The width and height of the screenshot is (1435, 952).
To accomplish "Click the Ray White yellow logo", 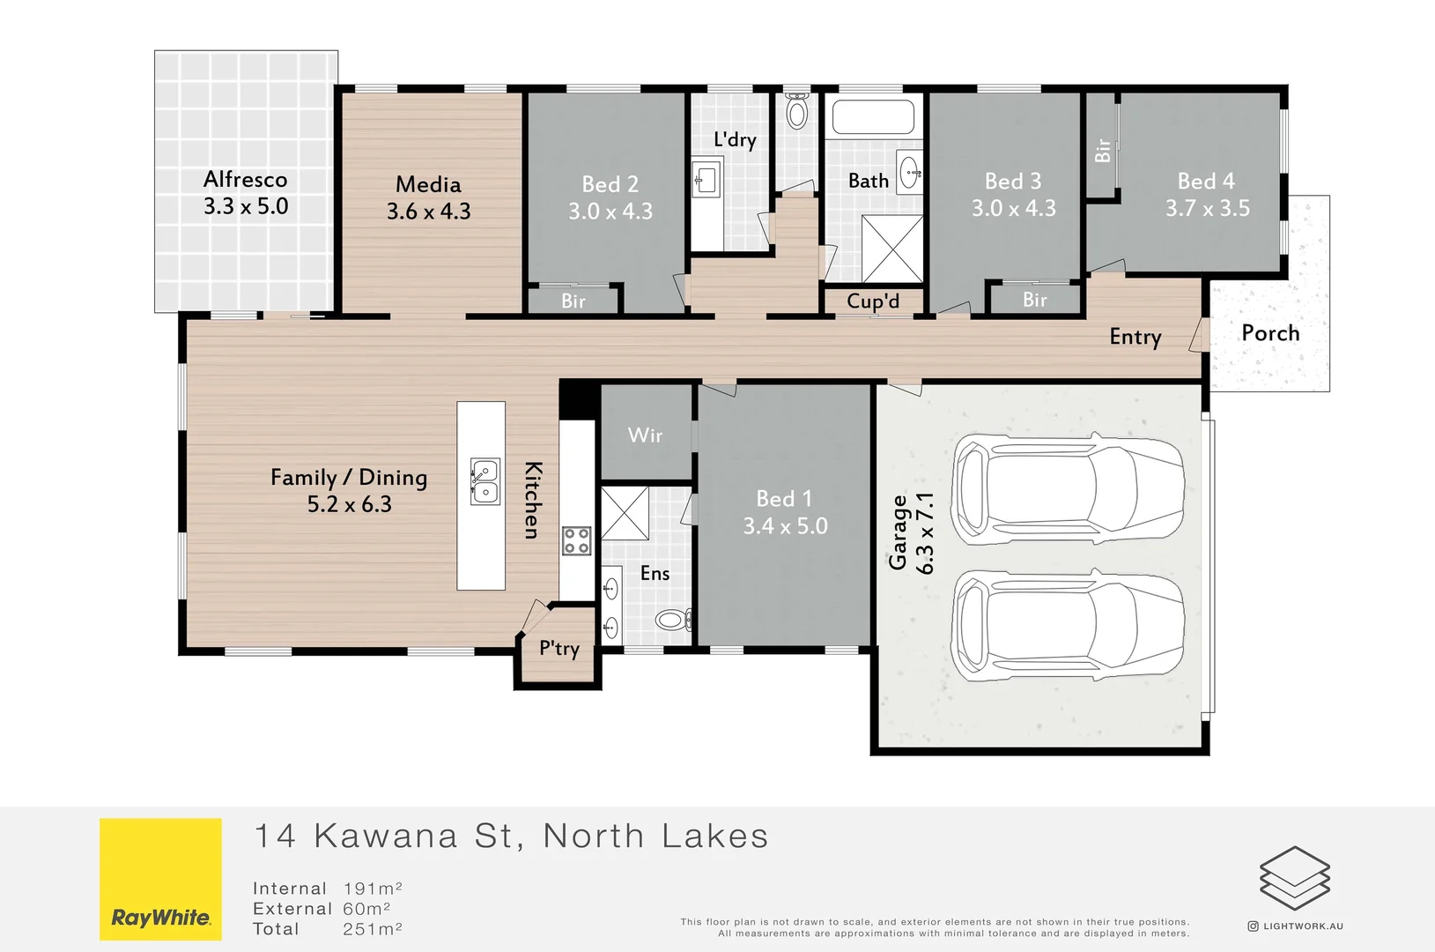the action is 160,879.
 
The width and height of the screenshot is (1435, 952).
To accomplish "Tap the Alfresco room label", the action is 245,180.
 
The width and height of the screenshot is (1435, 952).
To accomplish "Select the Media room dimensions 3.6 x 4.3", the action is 428,212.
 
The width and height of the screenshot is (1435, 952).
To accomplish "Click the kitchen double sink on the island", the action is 484,481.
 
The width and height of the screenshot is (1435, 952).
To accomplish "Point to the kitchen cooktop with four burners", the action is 577,540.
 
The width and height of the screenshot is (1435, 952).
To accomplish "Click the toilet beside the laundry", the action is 796,112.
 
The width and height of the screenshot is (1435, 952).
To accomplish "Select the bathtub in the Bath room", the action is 873,116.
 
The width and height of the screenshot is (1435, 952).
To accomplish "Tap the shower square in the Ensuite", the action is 625,513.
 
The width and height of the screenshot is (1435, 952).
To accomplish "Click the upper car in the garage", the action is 1069,485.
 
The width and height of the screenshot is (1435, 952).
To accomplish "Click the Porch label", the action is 1270,333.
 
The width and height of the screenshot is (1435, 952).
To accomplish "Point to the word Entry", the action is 1135,337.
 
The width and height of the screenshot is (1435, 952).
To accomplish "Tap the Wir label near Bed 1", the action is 645,435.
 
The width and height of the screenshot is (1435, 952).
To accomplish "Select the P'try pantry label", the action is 559,650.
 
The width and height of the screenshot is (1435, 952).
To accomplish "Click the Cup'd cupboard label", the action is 873,301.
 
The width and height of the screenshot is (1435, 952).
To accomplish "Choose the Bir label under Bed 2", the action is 573,301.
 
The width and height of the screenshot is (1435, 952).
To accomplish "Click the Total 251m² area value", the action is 372,929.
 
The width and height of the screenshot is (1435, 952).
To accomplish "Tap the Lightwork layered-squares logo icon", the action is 1294,878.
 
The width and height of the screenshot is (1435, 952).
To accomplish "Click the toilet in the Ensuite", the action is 673,621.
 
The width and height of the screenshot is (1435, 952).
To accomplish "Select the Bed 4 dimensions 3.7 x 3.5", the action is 1207,209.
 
